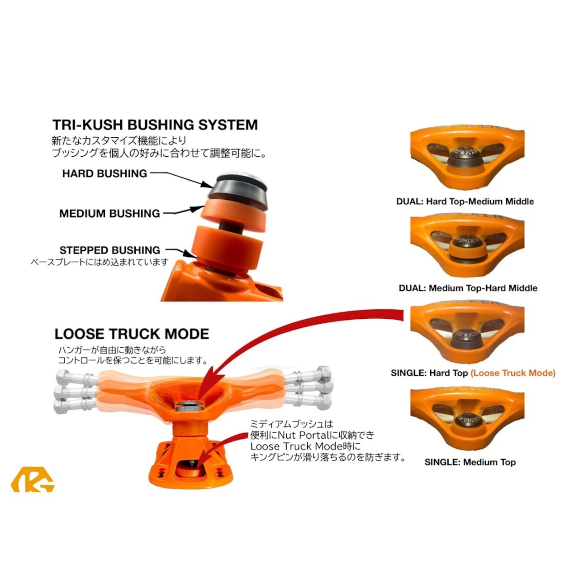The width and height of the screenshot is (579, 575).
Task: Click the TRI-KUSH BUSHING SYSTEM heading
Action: coord(155,125)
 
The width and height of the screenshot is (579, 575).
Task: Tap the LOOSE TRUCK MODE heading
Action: coord(132,334)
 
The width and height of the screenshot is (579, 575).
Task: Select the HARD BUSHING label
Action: coord(104,173)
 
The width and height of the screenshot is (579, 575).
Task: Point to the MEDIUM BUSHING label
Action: coord(109,214)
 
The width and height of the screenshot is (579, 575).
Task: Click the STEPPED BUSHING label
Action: coord(109,250)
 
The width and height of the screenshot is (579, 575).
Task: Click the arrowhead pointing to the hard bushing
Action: coord(207,184)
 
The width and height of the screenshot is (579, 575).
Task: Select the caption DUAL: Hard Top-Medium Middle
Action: coord(465,201)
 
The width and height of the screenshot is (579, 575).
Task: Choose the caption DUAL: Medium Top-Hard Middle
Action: coord(468,288)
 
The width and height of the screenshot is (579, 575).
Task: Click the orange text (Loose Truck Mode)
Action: coord(513,374)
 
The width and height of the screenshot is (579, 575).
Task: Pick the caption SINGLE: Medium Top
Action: coord(470,462)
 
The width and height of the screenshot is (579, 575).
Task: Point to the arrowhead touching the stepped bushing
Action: coord(191,254)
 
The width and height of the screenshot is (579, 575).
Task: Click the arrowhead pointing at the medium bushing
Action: coord(199,208)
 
